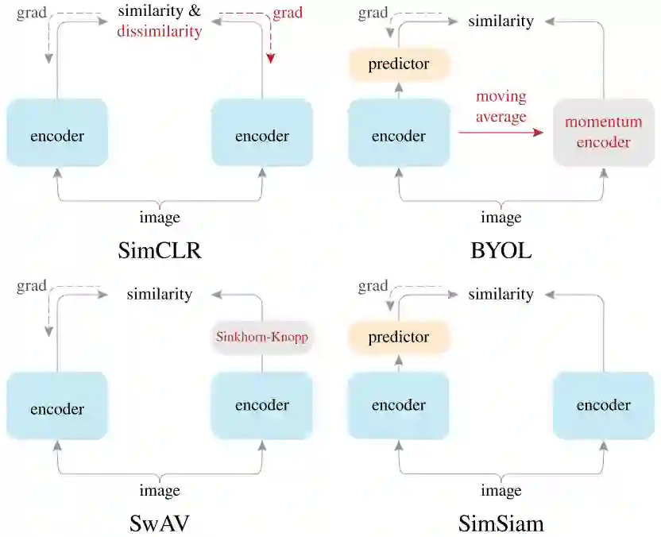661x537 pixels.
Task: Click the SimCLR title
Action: pos(160,251)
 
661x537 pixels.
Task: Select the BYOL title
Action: pos(501,251)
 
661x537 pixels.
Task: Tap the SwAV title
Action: pos(160,523)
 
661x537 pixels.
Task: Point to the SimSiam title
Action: pos(501,523)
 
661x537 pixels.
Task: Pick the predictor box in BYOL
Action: pos(399,64)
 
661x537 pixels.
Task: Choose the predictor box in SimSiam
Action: pos(399,337)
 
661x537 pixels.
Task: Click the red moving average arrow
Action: pos(501,133)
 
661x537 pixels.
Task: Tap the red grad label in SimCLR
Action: pos(287,13)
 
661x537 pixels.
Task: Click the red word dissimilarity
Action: pos(160,32)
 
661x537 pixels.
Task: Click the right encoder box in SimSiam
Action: pos(603,405)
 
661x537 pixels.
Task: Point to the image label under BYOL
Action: pos(501,218)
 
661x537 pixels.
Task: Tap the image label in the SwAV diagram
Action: pos(160,490)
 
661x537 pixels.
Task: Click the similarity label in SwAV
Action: pos(160,294)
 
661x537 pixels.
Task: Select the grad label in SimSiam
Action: pos(373,286)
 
